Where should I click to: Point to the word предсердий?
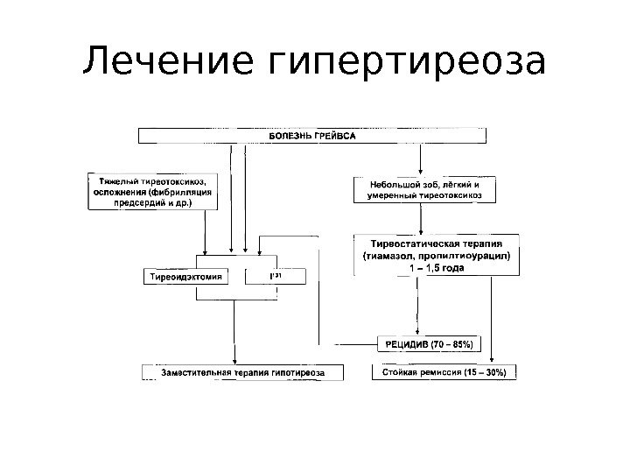140,201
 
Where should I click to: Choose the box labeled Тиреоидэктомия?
183,277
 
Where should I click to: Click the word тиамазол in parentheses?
391,256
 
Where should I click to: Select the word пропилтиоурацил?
465,256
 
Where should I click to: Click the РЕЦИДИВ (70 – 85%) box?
429,343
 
